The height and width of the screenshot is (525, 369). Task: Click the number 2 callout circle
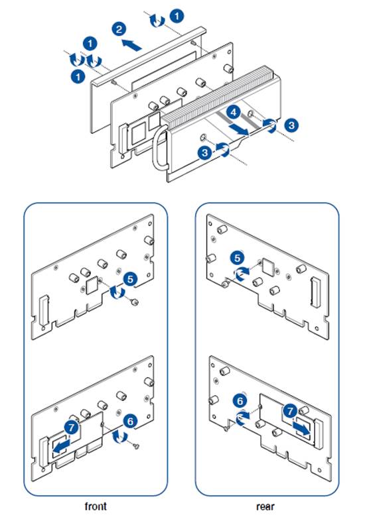[119, 29]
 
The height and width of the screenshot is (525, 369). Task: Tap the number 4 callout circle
[234, 113]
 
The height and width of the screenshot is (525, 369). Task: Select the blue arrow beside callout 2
[131, 45]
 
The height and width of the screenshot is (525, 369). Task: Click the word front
[96, 506]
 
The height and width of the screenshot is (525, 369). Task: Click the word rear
[265, 506]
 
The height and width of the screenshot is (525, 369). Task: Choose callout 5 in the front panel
[130, 279]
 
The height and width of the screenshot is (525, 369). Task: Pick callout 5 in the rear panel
[238, 259]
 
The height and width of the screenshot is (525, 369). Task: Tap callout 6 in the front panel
[130, 421]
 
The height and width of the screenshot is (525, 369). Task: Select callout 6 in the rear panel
[240, 401]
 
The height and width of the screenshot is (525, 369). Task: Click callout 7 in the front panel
[71, 428]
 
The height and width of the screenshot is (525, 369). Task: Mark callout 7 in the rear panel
[290, 411]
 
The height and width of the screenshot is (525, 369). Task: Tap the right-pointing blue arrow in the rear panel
[301, 428]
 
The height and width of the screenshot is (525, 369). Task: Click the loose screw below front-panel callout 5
[135, 302]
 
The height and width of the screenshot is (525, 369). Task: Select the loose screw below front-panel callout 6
[136, 445]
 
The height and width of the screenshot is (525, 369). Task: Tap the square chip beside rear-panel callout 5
[268, 266]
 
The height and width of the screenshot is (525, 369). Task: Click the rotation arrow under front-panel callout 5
[117, 292]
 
